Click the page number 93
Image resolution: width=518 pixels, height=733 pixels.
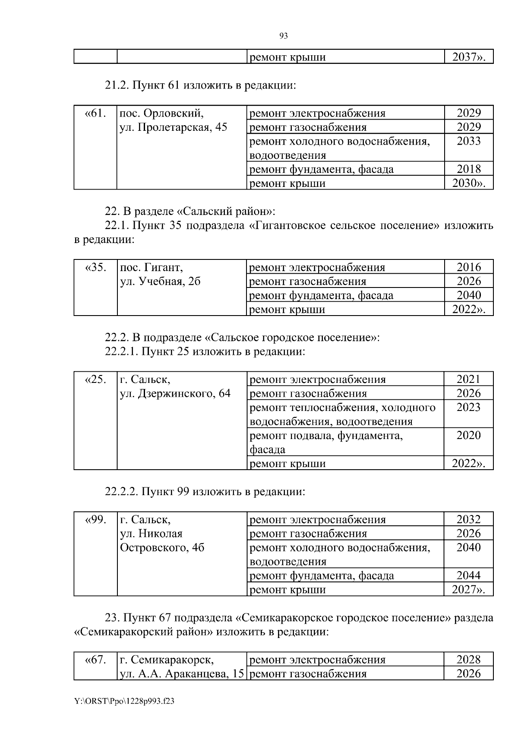pyautogui.click(x=284, y=36)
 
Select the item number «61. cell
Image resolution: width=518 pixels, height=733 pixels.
pyautogui.click(x=95, y=114)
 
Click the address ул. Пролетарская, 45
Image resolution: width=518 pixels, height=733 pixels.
pyautogui.click(x=173, y=127)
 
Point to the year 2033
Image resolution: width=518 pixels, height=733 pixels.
pyautogui.click(x=469, y=141)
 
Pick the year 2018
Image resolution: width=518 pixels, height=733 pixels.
pyautogui.click(x=469, y=169)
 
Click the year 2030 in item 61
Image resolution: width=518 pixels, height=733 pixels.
pyautogui.click(x=467, y=183)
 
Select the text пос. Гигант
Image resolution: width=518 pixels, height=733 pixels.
pyautogui.click(x=152, y=267)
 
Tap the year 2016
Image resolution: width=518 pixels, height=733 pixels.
pyautogui.click(x=469, y=267)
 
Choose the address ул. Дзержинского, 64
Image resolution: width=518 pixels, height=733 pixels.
pyautogui.click(x=175, y=394)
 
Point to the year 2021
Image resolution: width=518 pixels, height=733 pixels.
pyautogui.click(x=468, y=379)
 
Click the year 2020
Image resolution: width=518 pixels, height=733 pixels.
pyautogui.click(x=468, y=435)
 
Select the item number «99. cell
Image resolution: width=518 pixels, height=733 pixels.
pyautogui.click(x=95, y=520)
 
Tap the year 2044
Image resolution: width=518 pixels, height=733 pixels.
pyautogui.click(x=468, y=575)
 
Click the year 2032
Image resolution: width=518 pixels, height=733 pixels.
pyautogui.click(x=468, y=520)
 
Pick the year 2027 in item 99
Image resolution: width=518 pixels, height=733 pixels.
pyautogui.click(x=466, y=590)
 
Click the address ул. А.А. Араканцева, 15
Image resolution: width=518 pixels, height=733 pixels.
pyautogui.click(x=182, y=674)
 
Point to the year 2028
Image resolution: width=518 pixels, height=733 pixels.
pyautogui.click(x=468, y=660)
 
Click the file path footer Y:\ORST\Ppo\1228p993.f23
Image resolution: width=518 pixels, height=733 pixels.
pyautogui.click(x=124, y=701)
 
